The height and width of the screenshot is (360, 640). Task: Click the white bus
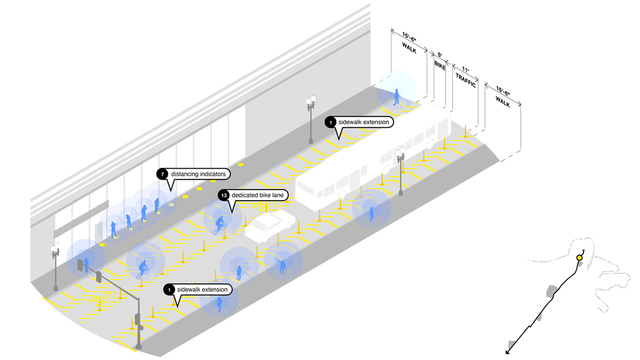coord(370,160)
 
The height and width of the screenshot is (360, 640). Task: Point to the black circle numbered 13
coord(223,196)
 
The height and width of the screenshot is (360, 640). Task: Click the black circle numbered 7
coord(162,173)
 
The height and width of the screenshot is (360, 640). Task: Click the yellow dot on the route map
coord(579,258)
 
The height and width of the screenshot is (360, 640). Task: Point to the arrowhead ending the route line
coord(508,352)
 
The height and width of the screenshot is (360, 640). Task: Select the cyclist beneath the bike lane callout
coord(220,225)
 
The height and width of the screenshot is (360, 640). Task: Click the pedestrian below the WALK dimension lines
coord(397,97)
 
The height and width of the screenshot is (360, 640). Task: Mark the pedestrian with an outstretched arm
coord(282,266)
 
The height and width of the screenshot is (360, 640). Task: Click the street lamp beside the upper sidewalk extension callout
coord(311,119)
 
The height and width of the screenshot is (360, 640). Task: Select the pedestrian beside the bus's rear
coord(371,214)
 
